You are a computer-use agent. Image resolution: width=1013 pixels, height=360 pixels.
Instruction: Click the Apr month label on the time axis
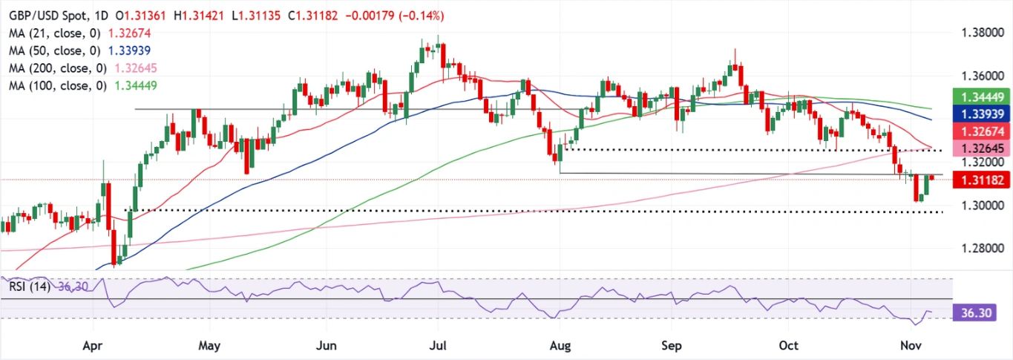pos(93,346)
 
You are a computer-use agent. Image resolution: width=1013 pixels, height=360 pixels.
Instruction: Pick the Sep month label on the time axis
pos(670,346)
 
